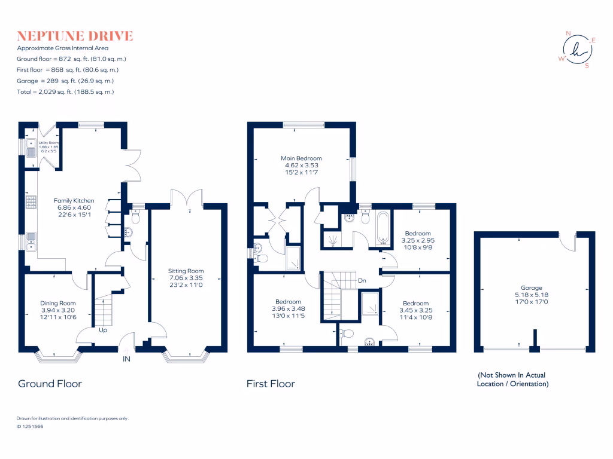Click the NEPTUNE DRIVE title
pos(75,36)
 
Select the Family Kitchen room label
pos(74,200)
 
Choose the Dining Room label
pos(58,302)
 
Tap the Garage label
pos(532,287)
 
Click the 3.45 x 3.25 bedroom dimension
pos(415,311)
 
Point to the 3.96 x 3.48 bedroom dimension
pos(289,309)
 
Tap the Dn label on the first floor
pos(363,280)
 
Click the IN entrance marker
pos(126,359)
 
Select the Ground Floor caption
pos(50,384)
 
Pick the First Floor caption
pos(271,384)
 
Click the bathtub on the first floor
pos(383,228)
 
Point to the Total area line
pos(65,91)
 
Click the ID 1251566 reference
pos(30,427)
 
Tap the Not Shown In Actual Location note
pos(512,380)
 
